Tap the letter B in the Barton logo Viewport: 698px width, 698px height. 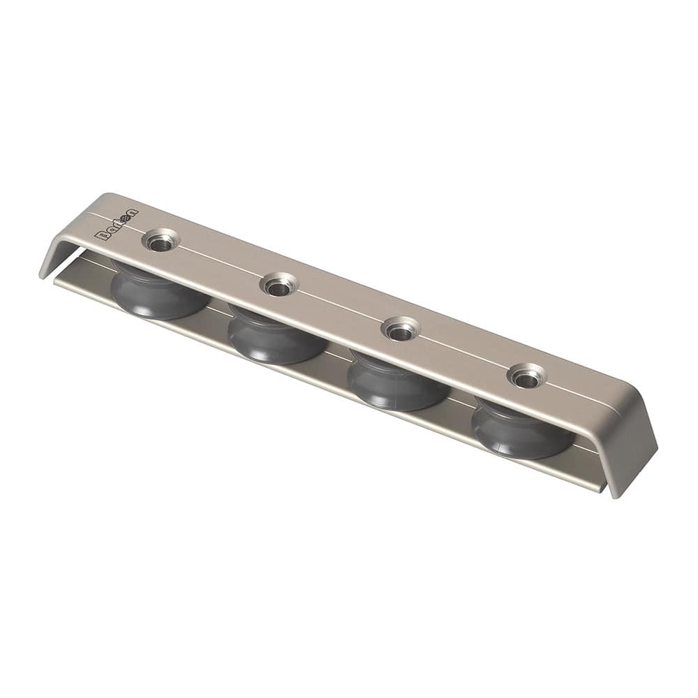coord(100,236)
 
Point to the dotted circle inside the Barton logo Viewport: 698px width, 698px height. coord(126,218)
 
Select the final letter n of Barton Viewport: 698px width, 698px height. coord(133,213)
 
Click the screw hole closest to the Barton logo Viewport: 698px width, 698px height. coord(161,242)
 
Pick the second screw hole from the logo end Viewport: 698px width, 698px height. coord(279,285)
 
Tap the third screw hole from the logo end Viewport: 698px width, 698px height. coord(400,329)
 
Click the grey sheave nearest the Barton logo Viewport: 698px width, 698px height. coord(159,293)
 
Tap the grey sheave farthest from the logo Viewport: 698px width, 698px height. coord(522,431)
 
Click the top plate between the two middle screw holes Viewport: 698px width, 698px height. coord(340,307)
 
